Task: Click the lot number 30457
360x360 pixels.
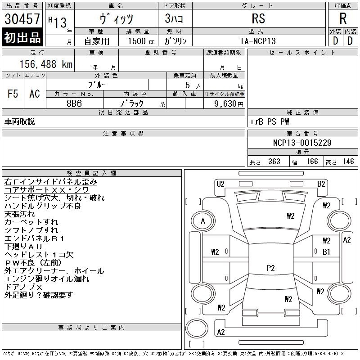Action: (22, 19)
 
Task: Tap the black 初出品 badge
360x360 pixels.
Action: (22, 37)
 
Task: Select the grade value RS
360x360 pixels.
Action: (258, 18)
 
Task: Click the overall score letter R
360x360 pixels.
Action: (343, 18)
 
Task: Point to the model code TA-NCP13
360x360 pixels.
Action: (258, 41)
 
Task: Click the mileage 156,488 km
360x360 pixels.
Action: (46, 64)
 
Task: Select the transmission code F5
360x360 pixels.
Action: (13, 94)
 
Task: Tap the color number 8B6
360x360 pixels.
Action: (74, 103)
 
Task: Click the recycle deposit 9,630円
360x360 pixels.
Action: (229, 104)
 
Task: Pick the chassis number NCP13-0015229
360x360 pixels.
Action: (302, 143)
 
